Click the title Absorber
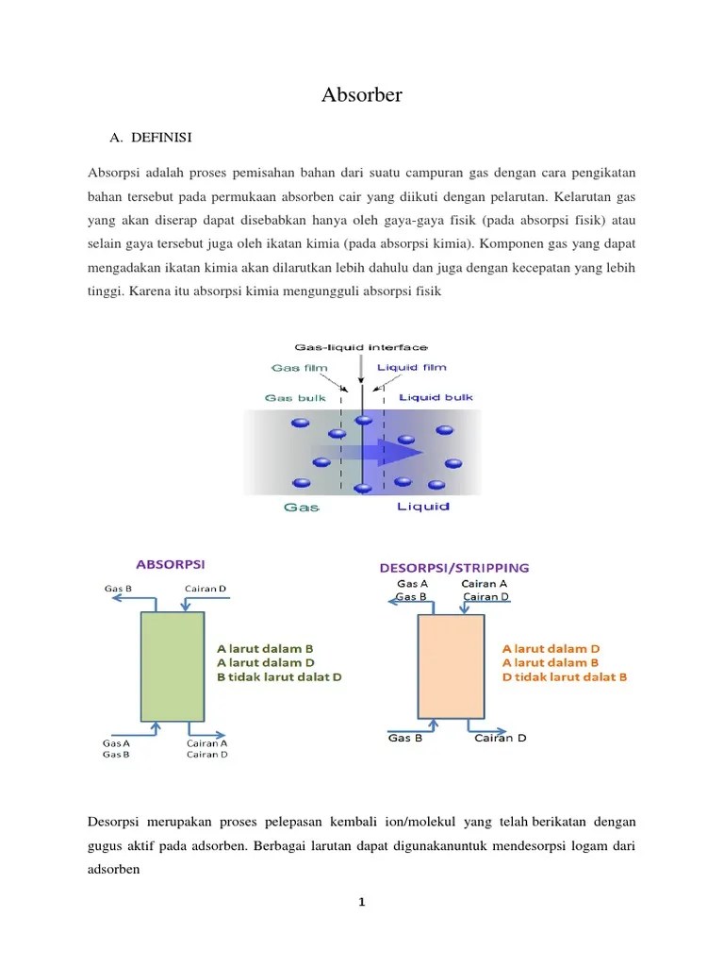[362, 95]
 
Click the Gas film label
[297, 367]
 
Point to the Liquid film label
[411, 367]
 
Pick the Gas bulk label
[295, 398]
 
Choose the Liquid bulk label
[436, 398]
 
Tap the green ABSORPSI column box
[173, 666]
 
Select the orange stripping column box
[451, 666]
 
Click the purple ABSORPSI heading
[171, 564]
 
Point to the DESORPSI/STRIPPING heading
[453, 568]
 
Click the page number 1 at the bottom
[361, 902]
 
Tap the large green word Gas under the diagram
[302, 507]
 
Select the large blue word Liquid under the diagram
[422, 507]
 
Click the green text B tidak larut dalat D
[279, 677]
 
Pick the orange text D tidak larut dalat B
[565, 677]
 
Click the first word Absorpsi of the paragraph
[114, 174]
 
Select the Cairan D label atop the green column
[206, 590]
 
